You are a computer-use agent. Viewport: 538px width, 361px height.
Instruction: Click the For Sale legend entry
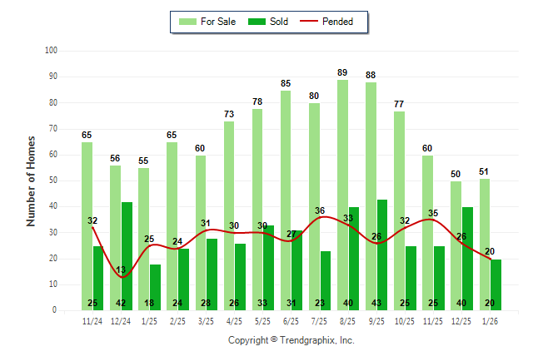(x=209, y=22)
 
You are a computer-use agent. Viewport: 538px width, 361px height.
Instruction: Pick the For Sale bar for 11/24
(x=87, y=225)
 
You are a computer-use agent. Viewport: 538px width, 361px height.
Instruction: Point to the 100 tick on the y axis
(x=51, y=51)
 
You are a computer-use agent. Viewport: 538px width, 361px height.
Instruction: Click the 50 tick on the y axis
(x=52, y=180)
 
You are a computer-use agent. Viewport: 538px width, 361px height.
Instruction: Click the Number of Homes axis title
(x=31, y=180)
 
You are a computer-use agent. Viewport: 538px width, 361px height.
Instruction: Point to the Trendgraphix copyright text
(x=291, y=340)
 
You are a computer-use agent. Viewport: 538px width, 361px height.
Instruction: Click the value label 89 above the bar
(x=342, y=73)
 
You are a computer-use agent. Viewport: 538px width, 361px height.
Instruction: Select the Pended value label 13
(x=122, y=270)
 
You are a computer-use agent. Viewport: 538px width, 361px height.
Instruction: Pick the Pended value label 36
(x=320, y=210)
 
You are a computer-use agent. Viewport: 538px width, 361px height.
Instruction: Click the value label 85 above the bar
(x=286, y=83)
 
